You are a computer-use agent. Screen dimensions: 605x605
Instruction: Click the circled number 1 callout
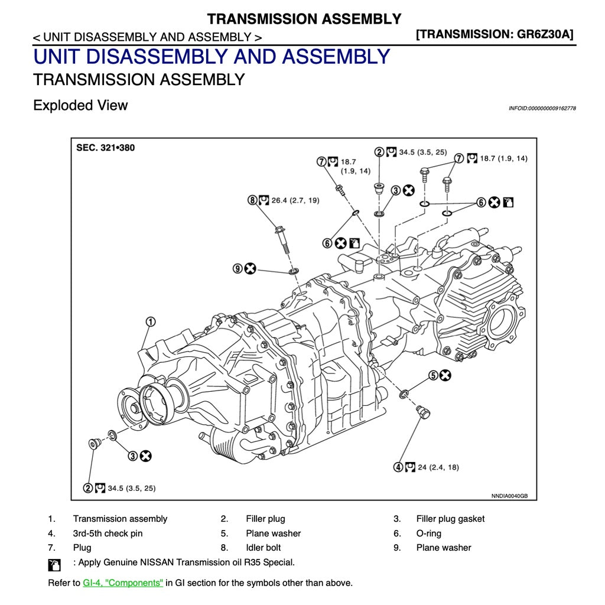(151, 322)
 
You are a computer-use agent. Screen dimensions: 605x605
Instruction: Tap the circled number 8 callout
(253, 200)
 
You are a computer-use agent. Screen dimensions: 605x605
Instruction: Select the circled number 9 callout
(238, 269)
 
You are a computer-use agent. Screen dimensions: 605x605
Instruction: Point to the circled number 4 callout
(399, 467)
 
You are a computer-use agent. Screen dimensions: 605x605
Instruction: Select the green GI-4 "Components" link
(123, 583)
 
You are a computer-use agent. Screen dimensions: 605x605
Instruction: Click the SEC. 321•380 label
(105, 148)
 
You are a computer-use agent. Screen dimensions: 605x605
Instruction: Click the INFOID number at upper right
(542, 109)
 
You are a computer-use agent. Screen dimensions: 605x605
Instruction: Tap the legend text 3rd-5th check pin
(108, 534)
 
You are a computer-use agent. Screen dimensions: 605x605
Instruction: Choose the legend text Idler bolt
(264, 548)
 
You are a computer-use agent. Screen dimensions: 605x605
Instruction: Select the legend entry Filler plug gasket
(450, 519)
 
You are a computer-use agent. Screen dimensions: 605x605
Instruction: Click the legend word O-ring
(429, 534)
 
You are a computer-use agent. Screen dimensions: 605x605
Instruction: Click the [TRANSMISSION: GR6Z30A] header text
(495, 34)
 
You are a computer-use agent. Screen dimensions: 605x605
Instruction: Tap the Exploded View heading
(80, 106)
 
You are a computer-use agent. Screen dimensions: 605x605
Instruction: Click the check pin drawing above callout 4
(423, 412)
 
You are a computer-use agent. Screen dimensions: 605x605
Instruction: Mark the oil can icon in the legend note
(54, 565)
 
